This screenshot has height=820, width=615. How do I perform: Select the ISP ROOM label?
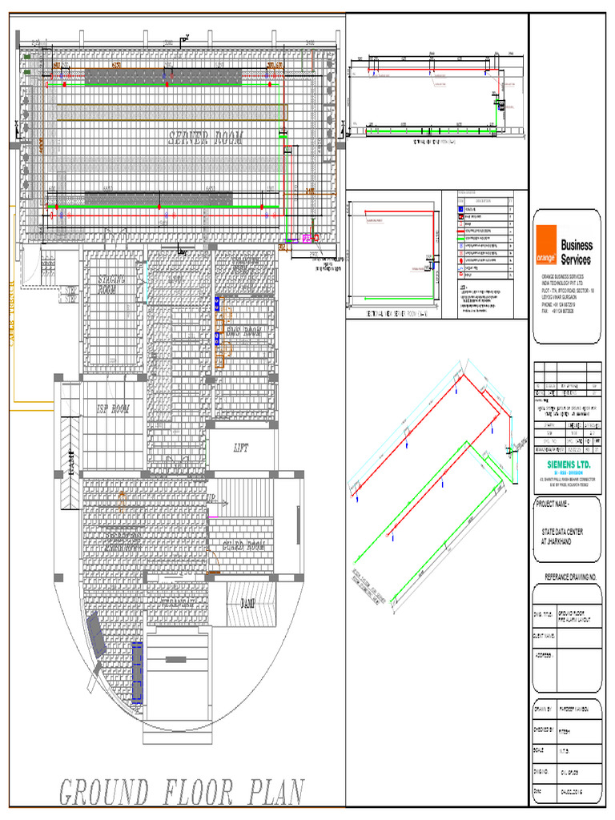coord(113,409)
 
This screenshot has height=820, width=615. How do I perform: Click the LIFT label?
coord(242,448)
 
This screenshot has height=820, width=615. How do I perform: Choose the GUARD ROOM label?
coord(243,547)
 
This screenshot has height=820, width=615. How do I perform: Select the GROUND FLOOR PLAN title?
coord(182,792)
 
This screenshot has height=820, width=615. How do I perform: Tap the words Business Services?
coord(576,252)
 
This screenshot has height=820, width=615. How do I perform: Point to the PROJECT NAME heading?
coord(557,503)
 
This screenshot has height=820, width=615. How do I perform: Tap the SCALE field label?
coord(541,750)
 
